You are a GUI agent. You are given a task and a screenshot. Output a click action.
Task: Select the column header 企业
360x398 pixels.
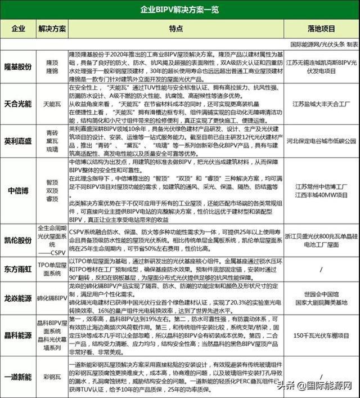(x=18, y=28)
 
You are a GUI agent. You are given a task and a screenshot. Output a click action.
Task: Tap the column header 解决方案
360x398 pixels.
(x=52, y=28)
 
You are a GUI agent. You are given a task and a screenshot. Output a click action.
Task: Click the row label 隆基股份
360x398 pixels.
(x=18, y=66)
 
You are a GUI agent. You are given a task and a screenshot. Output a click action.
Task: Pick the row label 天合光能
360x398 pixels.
(x=18, y=105)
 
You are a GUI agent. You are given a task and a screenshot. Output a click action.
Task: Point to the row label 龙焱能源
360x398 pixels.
(x=18, y=298)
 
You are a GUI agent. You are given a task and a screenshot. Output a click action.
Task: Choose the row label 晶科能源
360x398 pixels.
(x=18, y=336)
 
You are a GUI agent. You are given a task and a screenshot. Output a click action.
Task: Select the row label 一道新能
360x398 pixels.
(x=18, y=374)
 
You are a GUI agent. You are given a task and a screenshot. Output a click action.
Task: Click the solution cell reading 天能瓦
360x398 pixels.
(x=52, y=105)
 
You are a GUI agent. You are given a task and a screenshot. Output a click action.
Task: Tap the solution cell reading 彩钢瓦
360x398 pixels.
(x=52, y=374)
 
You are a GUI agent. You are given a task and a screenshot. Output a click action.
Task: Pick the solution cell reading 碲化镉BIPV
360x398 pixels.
(x=52, y=298)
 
